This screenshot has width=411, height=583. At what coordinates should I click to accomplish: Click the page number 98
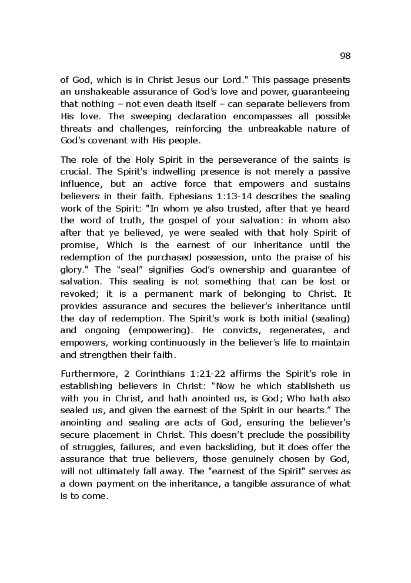[x=345, y=56]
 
